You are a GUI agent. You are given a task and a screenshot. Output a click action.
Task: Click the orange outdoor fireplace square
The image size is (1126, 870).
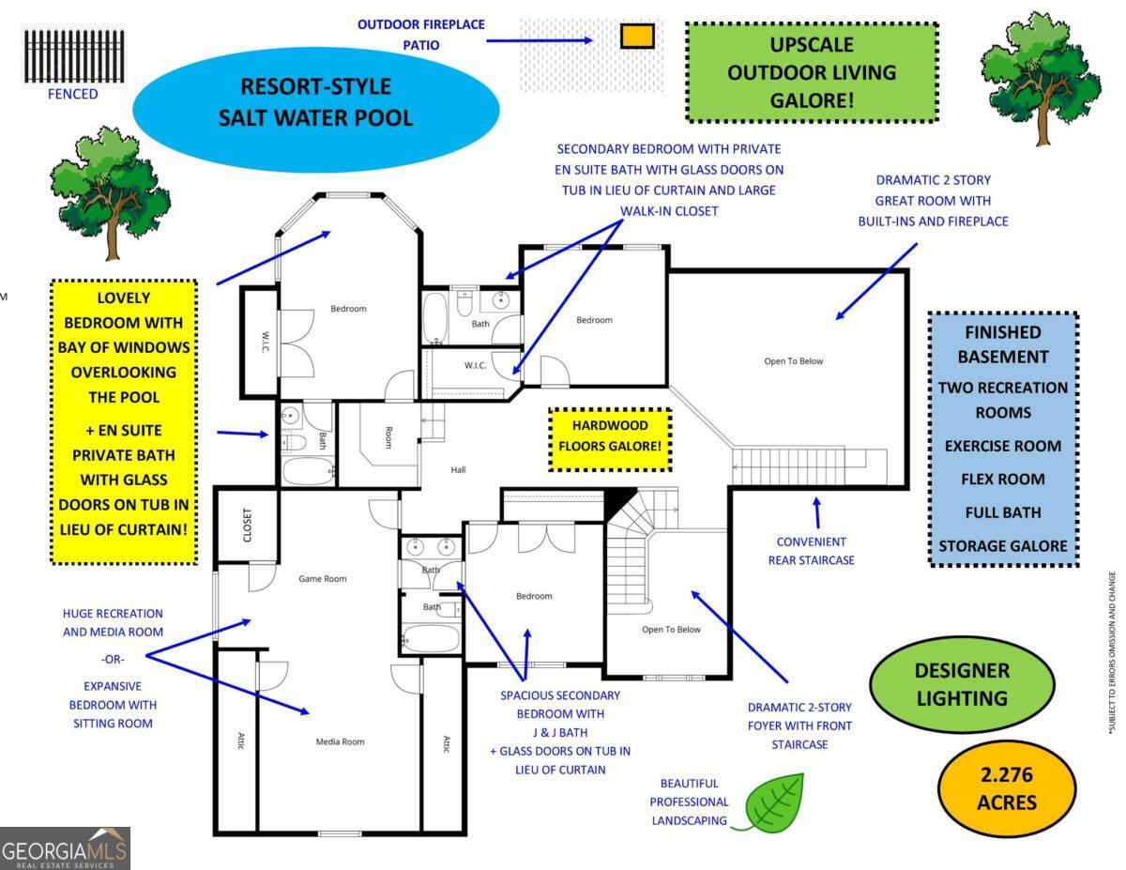click(637, 37)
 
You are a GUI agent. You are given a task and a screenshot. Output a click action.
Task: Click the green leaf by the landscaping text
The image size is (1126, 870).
click(772, 802)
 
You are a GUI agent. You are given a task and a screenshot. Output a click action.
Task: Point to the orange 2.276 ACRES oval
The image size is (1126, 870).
click(1007, 788)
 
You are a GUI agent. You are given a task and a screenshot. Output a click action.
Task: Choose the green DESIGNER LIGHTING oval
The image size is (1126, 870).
click(962, 684)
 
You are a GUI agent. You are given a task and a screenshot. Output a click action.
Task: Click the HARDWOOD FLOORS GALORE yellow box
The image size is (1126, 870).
click(610, 439)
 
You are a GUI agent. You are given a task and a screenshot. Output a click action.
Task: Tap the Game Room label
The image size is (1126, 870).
click(322, 579)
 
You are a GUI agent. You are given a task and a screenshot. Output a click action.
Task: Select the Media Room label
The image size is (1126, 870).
click(340, 741)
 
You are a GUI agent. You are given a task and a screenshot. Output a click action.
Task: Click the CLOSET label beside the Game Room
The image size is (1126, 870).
click(247, 525)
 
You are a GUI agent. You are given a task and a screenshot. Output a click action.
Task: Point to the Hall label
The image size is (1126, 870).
click(458, 470)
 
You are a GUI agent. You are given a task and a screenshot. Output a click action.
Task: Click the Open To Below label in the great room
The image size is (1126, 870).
click(793, 361)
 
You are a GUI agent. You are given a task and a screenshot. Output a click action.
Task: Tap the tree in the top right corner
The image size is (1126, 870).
click(1041, 78)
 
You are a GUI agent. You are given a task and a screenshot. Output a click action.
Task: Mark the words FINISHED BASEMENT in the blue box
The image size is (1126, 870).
click(1003, 344)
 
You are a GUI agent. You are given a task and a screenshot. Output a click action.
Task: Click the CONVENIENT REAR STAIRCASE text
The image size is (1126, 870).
click(811, 551)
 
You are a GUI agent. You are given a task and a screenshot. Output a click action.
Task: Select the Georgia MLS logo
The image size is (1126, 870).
click(65, 848)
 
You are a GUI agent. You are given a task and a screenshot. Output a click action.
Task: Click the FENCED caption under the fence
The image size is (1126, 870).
click(72, 94)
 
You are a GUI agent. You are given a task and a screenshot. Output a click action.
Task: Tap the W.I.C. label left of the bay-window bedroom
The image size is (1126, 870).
click(266, 342)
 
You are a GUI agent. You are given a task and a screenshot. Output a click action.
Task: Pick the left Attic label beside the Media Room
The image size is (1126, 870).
click(240, 740)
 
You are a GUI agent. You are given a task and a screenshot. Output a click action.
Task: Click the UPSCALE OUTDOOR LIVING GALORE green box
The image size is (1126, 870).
click(812, 72)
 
